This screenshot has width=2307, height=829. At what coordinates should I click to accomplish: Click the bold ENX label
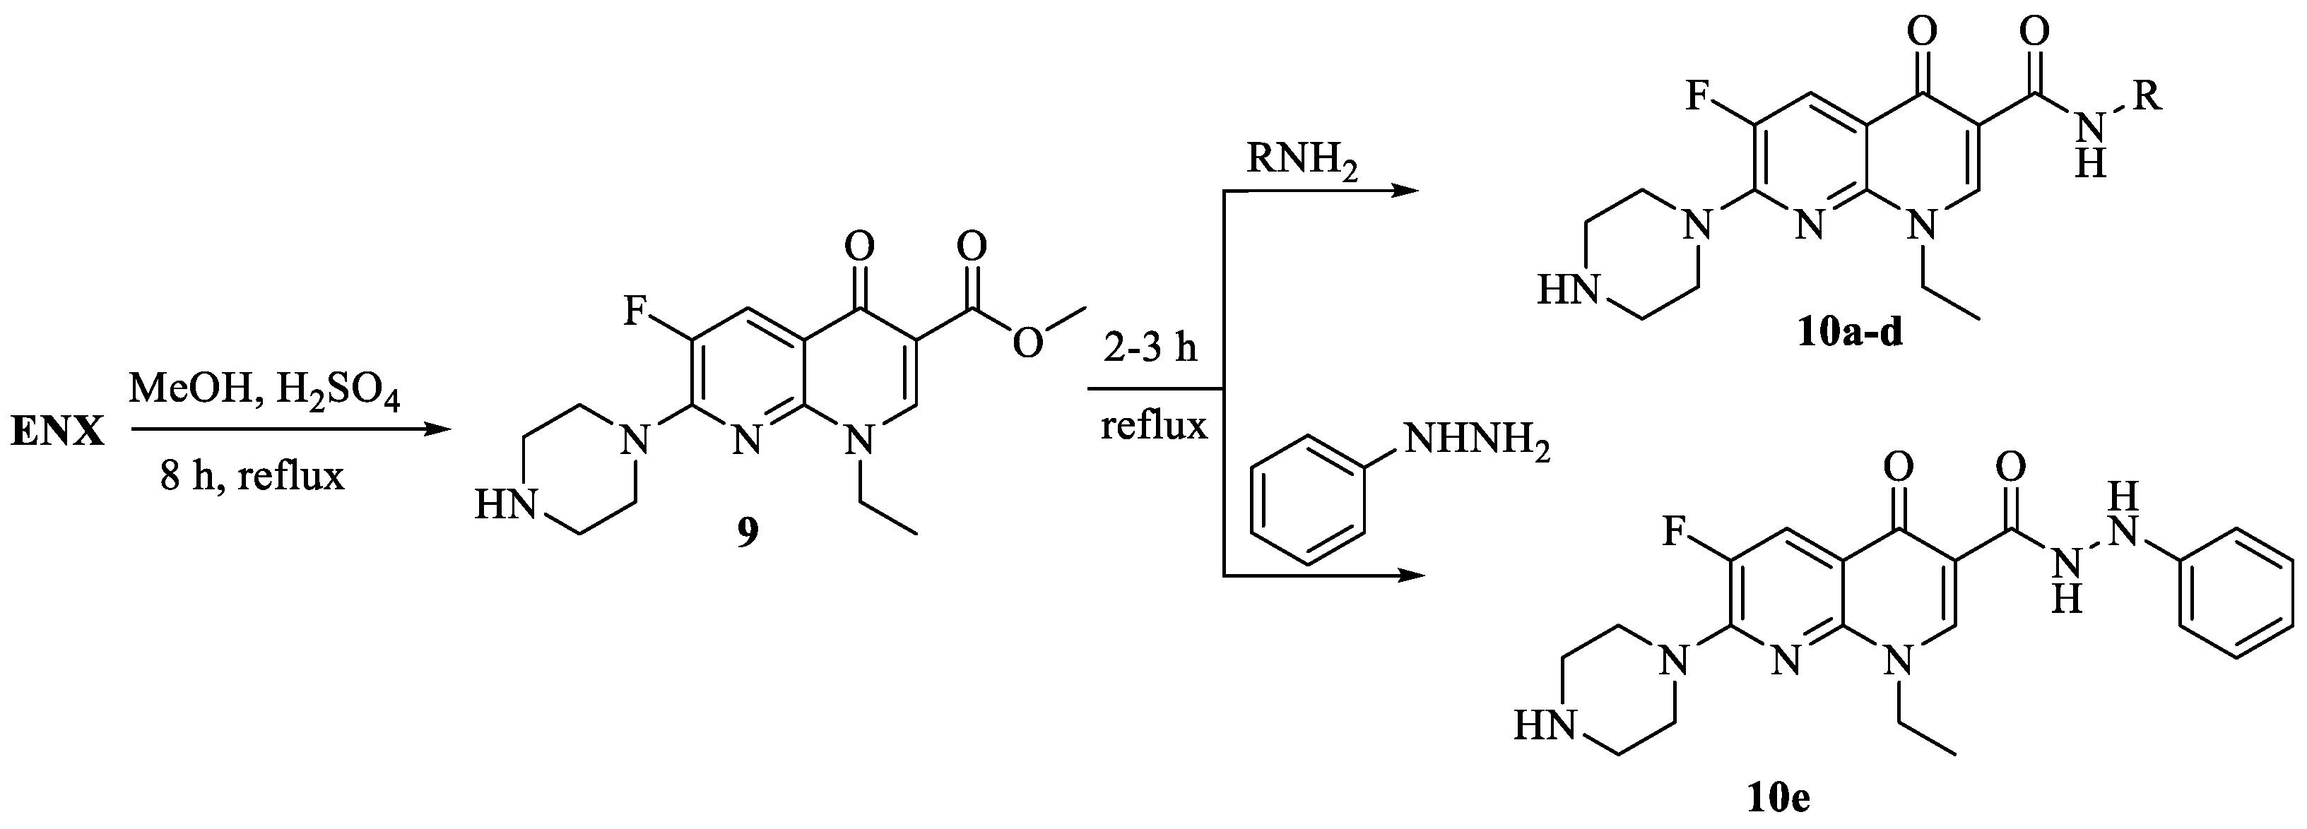(x=57, y=434)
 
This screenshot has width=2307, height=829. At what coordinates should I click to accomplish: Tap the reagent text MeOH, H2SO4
(x=264, y=391)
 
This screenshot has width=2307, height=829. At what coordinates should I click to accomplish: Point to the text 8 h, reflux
(x=252, y=475)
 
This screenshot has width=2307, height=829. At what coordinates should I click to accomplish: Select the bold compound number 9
(x=747, y=532)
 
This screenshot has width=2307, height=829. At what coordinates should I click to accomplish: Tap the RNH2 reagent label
(x=1303, y=161)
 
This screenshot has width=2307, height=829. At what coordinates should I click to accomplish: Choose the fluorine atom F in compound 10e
(x=1674, y=532)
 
